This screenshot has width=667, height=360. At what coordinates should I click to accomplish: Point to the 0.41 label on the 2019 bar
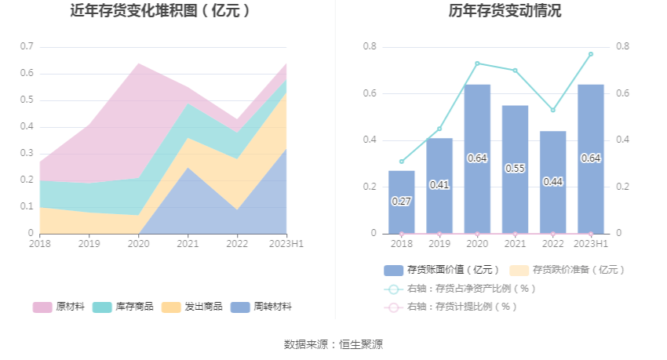pos(439,185)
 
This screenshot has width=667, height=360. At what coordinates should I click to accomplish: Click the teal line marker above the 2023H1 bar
pos(591,54)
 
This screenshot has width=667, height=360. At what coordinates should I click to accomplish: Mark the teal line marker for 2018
pos(401,162)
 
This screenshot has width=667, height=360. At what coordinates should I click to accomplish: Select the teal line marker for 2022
pos(553,110)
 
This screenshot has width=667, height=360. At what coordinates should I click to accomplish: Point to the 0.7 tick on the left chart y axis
pos(27,47)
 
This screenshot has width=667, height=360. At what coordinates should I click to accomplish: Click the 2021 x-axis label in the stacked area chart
pos(188,244)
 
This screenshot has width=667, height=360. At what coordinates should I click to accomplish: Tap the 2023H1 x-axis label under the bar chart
pos(591,244)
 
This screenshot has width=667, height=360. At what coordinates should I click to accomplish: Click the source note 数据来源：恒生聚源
pos(333,344)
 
